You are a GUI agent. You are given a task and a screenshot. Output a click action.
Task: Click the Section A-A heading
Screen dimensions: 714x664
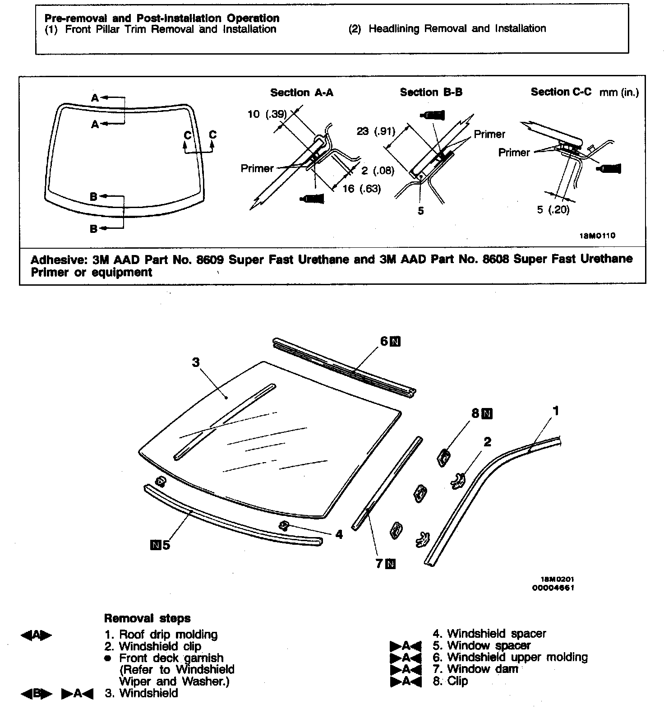point(301,93)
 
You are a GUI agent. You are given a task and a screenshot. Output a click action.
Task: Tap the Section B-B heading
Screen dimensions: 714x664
point(431,93)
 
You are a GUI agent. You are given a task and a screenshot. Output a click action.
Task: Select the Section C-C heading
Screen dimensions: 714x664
point(561,92)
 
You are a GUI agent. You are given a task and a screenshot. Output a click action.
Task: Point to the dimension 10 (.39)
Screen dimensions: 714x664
point(267,114)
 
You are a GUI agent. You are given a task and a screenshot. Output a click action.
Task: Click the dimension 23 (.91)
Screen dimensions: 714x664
point(375,131)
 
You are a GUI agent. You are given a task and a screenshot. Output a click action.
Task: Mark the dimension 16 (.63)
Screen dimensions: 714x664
point(361,189)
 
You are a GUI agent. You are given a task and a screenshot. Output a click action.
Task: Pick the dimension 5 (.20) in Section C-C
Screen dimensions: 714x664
point(553,210)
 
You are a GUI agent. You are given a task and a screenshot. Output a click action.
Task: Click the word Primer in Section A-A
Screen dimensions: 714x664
point(257,168)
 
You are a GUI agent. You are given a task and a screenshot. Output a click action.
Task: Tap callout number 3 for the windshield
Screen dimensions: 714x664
point(195,362)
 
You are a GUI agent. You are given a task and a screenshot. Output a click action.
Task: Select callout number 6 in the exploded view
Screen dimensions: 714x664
point(384,341)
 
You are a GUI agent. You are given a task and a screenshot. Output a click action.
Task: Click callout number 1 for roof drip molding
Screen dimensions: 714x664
point(556,411)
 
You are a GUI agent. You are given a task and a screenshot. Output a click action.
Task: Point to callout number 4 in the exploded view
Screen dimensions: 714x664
point(339,534)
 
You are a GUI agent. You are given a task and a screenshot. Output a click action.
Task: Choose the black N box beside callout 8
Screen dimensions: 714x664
point(487,413)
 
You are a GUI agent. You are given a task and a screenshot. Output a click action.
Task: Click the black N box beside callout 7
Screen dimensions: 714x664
point(391,564)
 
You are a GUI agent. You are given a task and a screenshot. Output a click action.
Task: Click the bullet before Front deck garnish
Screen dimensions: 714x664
point(108,658)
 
